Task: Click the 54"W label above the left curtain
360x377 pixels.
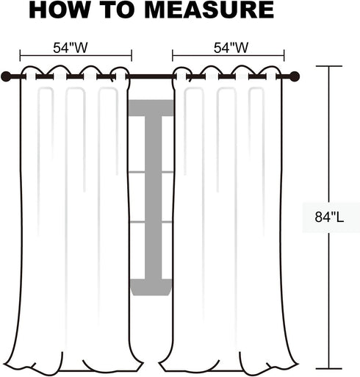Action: [71, 48]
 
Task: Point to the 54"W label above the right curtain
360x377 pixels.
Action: [231, 48]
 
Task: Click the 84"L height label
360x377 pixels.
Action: [329, 217]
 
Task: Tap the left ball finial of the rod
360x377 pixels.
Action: [6, 76]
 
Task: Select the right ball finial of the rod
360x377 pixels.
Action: [295, 76]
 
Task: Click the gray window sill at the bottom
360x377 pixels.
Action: [151, 287]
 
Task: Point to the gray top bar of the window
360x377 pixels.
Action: [151, 108]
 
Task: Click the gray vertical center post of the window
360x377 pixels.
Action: [154, 197]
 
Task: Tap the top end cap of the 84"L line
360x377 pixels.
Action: [329, 66]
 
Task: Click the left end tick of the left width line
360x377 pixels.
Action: [20, 55]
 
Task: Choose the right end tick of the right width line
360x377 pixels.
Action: [284, 55]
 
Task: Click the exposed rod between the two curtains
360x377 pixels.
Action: [151, 76]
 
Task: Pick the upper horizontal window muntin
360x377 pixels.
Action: [151, 172]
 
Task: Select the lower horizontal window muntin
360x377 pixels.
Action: [151, 222]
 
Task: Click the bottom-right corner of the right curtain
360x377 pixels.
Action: [298, 366]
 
